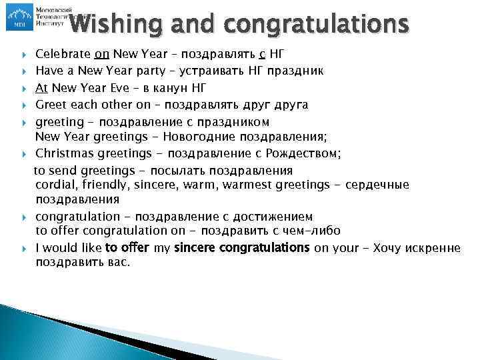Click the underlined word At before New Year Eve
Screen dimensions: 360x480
point(42,87)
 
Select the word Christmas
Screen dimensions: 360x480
point(61,153)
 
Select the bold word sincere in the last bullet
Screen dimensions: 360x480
point(193,248)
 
